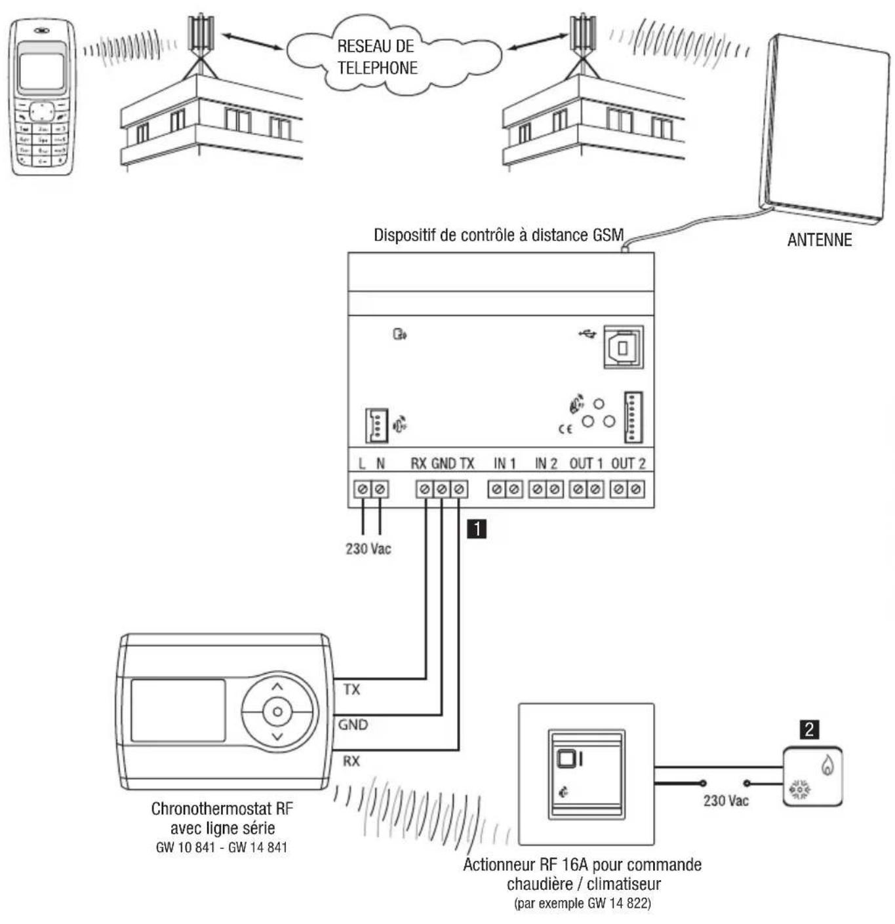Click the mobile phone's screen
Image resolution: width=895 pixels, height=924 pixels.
pyautogui.click(x=41, y=70)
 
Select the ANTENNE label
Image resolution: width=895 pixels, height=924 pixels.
pyautogui.click(x=819, y=240)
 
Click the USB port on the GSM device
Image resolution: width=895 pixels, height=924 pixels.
pyautogui.click(x=622, y=347)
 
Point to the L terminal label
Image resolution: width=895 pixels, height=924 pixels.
pyautogui.click(x=362, y=464)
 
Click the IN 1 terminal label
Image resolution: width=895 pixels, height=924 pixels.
pyautogui.click(x=505, y=464)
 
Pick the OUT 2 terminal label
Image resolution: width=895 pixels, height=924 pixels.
pyautogui.click(x=628, y=464)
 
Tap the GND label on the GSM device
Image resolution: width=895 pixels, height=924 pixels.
pyautogui.click(x=444, y=464)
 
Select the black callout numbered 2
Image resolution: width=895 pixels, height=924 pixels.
pyautogui.click(x=810, y=729)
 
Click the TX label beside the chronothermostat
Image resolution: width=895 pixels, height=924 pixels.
pyautogui.click(x=351, y=689)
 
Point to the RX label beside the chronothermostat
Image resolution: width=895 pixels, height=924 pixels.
pyautogui.click(x=351, y=761)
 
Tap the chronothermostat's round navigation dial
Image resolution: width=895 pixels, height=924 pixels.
pyautogui.click(x=277, y=712)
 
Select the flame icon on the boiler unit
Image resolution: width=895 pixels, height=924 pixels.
pyautogui.click(x=827, y=765)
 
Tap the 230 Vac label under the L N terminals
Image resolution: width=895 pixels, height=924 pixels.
pyautogui.click(x=368, y=549)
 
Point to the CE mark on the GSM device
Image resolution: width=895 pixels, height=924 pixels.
pyautogui.click(x=565, y=429)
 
